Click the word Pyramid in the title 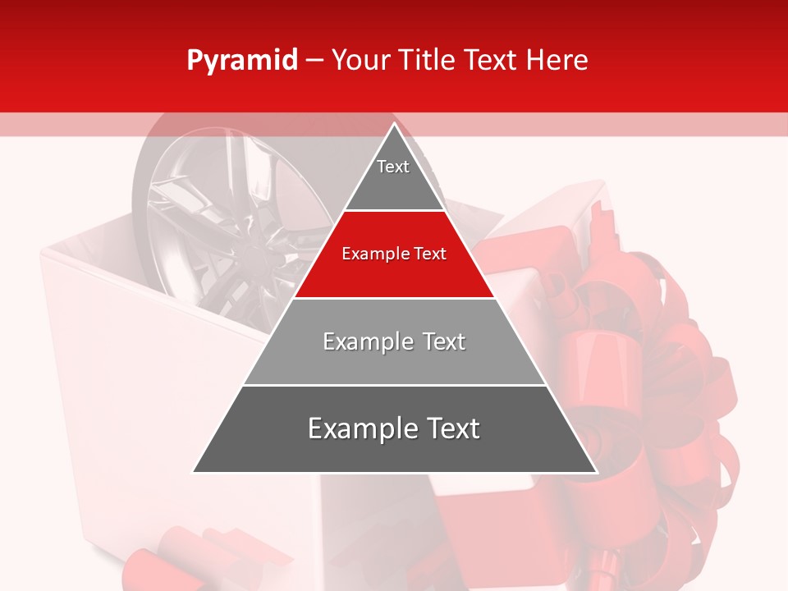coord(242,61)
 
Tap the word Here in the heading coord(557,61)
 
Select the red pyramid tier coord(394,267)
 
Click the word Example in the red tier coord(370,254)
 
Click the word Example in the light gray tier coord(359,341)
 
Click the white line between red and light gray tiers coord(394,298)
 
